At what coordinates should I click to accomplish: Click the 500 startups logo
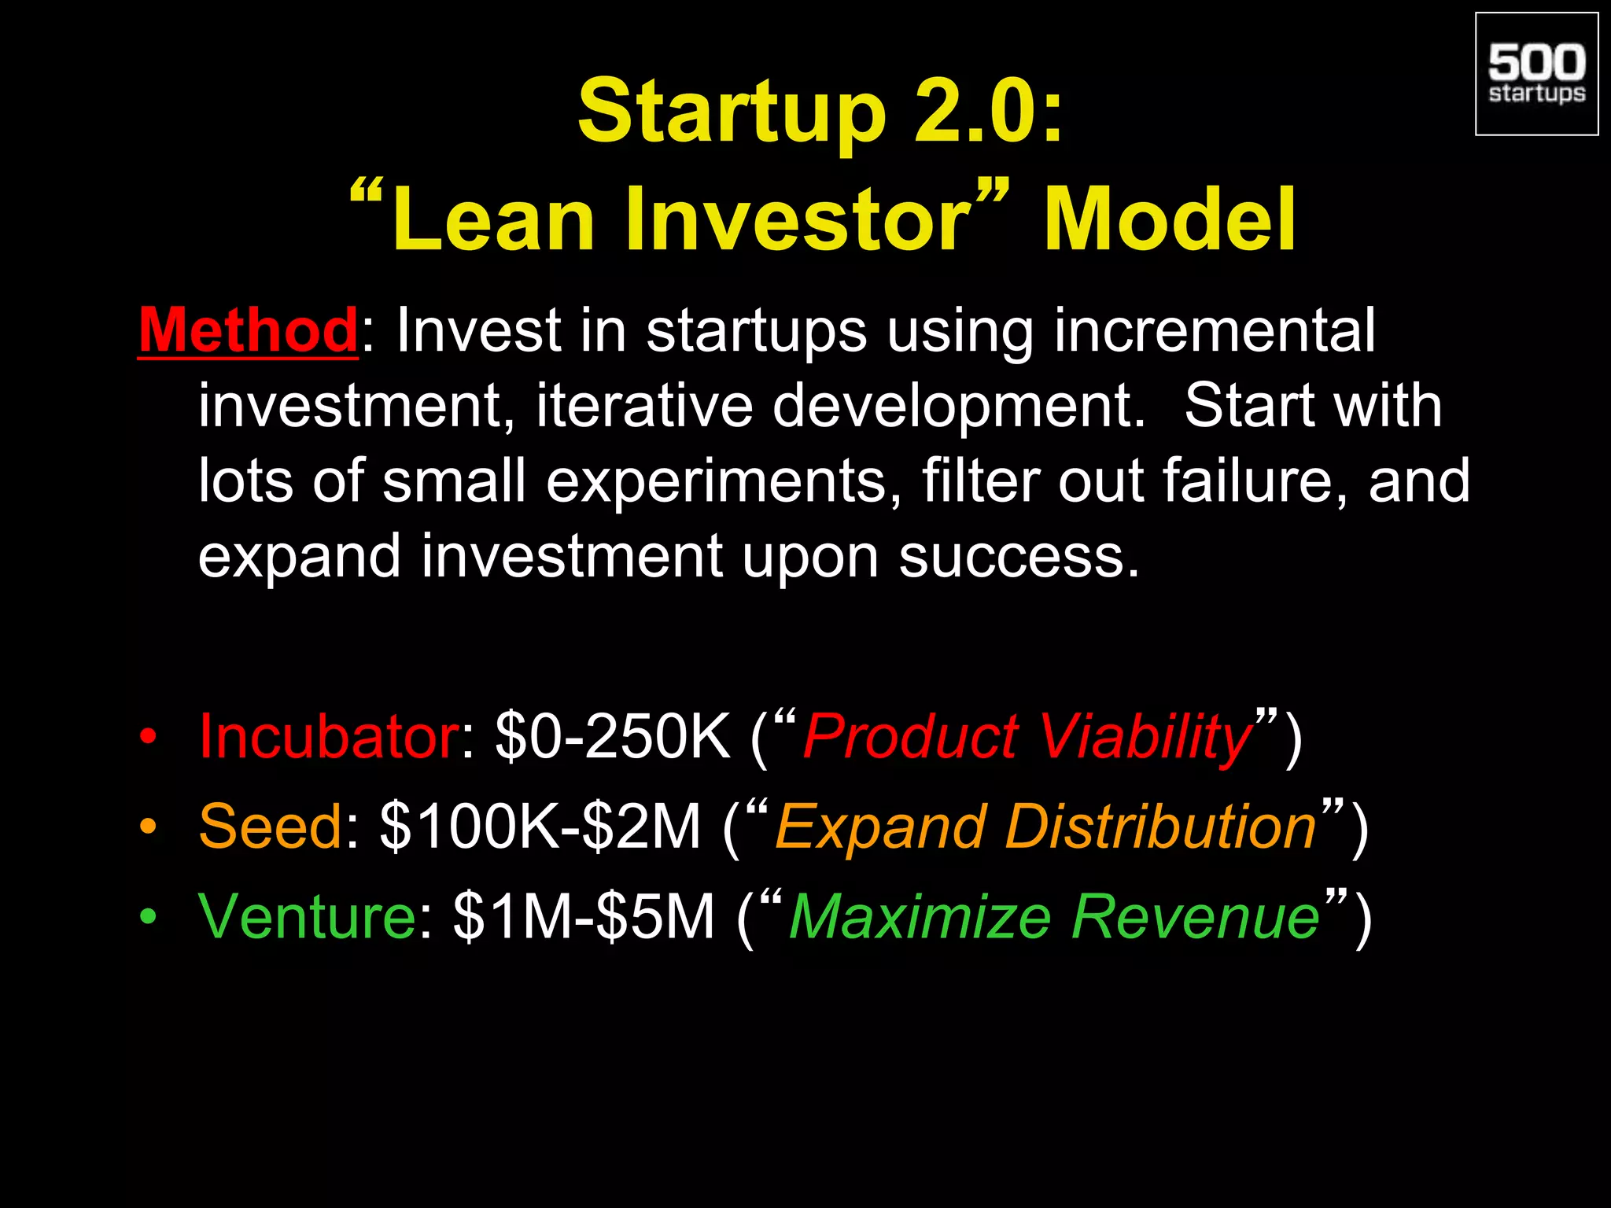pos(1536,74)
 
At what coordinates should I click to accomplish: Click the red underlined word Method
pos(249,330)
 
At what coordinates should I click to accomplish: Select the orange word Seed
pos(271,827)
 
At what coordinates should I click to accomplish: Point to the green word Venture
pos(307,916)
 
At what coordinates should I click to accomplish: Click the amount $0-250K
pos(613,736)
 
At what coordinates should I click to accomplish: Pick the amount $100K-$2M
pos(540,827)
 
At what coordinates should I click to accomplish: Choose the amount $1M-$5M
pos(584,916)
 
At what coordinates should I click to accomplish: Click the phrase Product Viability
pos(1027,738)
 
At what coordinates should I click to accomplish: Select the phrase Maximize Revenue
pos(1054,917)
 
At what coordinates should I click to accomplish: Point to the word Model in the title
pos(1170,220)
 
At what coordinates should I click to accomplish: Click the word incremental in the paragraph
pos(1215,330)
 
